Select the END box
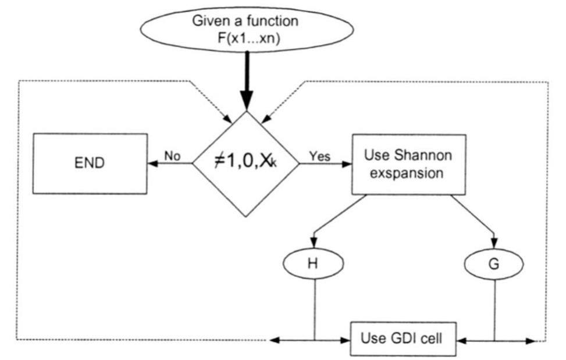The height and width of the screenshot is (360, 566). pos(90,163)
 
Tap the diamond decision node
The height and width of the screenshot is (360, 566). pos(245,164)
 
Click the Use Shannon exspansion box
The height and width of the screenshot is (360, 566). pos(408,164)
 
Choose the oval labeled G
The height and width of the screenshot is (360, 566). pos(494,263)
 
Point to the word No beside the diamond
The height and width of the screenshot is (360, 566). pos(171,156)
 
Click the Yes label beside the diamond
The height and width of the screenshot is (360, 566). pos(319,156)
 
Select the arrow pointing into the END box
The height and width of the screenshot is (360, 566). pos(157,164)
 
